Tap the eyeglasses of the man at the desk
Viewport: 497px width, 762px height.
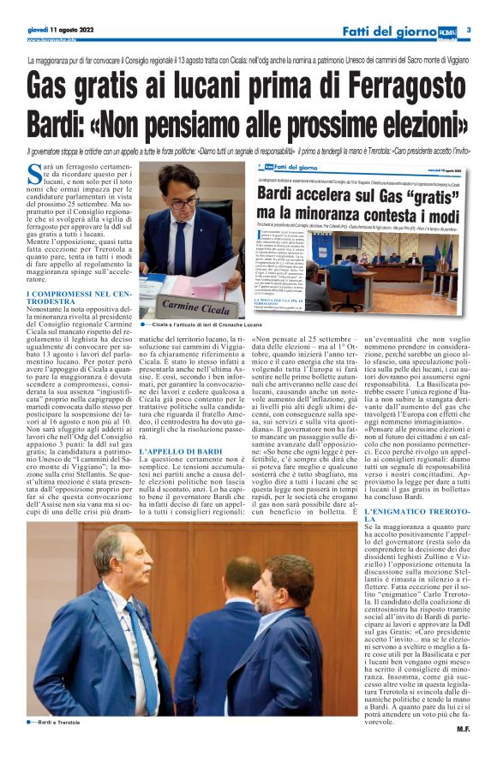(183, 203)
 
